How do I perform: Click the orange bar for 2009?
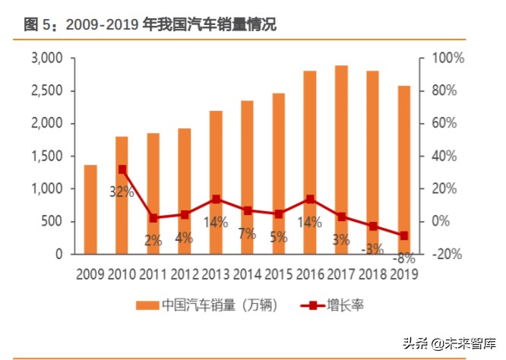[90, 209]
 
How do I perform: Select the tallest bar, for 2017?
[341, 159]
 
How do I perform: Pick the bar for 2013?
[216, 182]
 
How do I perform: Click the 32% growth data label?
[122, 191]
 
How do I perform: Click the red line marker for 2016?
[310, 199]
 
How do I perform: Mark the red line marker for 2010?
[122, 169]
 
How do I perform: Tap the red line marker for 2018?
[373, 226]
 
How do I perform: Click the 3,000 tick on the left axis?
[47, 58]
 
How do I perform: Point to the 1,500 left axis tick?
[47, 156]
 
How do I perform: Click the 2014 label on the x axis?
[247, 273]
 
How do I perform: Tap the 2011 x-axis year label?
[153, 273]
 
